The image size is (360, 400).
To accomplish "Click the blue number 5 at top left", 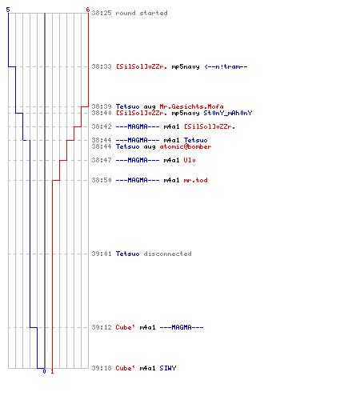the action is pos(8,10).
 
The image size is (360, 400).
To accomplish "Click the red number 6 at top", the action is pos(87,10).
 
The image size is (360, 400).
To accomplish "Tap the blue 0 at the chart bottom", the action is pos(44,371).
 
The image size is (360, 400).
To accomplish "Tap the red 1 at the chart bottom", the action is pos(52,371).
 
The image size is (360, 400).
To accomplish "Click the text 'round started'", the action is pos(142,13).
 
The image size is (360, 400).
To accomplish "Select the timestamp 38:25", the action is pos(102,13).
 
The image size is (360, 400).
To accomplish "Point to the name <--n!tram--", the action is pos(226,66).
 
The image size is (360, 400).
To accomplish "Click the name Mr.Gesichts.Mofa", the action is pos(191,106).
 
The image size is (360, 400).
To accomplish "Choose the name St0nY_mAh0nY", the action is pos(228,113).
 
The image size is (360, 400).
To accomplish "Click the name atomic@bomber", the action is pos(186,146).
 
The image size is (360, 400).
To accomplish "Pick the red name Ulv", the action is pos(190,160).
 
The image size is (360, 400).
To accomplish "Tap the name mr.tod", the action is pos(195,180).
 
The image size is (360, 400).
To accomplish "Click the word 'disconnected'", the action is pos(167,254).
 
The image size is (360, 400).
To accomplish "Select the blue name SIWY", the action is pos(168,368).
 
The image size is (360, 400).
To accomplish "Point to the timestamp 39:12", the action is pos(102,327).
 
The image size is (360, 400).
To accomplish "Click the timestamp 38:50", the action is pos(102,180).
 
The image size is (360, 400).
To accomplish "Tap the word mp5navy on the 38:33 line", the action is pos(186,66).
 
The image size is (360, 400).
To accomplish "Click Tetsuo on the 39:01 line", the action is pos(127,254).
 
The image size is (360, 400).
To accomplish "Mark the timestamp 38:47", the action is pos(102,160).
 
